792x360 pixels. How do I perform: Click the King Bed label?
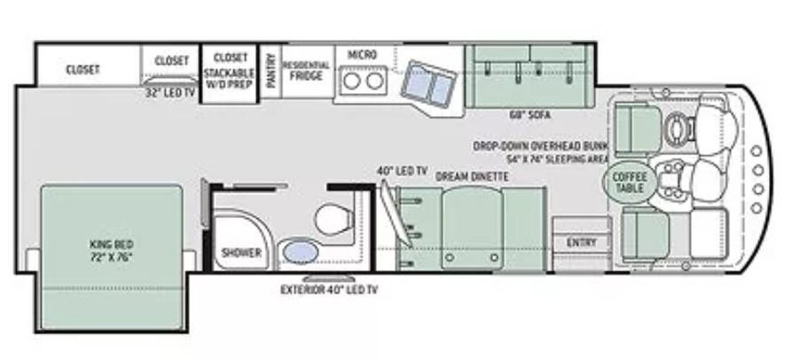click(111, 250)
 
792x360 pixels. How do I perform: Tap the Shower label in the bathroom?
click(241, 253)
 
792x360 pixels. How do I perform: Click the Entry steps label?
click(582, 242)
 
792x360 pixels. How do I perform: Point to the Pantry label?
click(271, 71)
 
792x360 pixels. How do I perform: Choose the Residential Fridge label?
click(306, 71)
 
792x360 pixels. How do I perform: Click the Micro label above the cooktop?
click(362, 54)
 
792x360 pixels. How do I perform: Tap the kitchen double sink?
click(429, 84)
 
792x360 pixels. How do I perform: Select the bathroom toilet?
click(334, 219)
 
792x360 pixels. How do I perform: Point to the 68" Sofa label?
click(529, 115)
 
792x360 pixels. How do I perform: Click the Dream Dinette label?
click(472, 176)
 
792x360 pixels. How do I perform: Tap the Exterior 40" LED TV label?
click(329, 290)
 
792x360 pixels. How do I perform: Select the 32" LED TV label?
click(169, 93)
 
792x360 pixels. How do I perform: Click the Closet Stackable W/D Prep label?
click(230, 71)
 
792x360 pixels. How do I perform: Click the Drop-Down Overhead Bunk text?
click(540, 146)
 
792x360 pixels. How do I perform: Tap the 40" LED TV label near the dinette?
click(402, 170)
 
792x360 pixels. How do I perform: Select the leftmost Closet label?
click(82, 70)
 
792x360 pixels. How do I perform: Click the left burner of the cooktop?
click(351, 81)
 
